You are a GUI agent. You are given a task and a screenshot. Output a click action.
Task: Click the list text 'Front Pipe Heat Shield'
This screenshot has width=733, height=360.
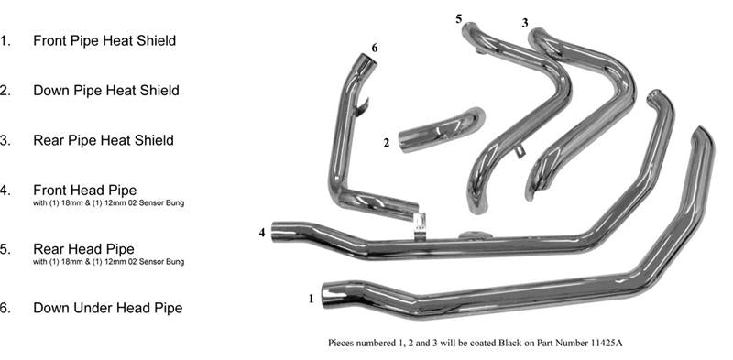(x=104, y=40)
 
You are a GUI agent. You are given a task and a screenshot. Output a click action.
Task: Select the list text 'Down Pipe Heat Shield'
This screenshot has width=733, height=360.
(x=105, y=91)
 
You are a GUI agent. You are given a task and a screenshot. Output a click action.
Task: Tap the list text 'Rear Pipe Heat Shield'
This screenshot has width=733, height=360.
(x=103, y=140)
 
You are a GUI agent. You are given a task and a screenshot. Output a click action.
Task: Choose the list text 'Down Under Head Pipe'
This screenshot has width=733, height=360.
(x=107, y=308)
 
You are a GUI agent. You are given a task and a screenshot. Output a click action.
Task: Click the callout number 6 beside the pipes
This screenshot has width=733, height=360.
(x=374, y=48)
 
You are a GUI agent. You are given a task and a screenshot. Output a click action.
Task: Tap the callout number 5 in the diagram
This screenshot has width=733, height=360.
(x=458, y=18)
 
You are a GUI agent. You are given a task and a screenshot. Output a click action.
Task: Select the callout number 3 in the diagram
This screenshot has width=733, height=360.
(x=525, y=22)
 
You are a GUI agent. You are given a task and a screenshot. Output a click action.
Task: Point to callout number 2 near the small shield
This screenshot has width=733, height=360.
(x=387, y=143)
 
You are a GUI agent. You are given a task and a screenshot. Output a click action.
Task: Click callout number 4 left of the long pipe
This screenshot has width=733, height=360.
(x=262, y=233)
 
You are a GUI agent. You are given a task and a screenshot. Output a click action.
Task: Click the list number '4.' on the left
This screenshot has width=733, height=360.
(x=5, y=190)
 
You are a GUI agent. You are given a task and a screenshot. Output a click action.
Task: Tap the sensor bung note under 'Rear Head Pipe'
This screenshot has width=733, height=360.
(x=109, y=262)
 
